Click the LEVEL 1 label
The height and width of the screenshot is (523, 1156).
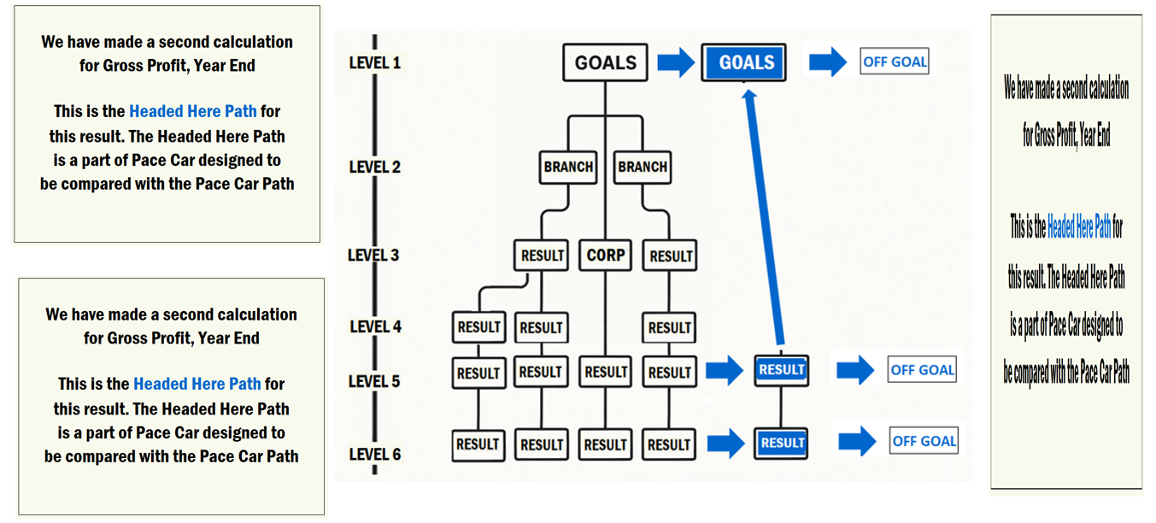(374, 62)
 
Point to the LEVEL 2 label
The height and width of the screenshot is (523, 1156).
(374, 167)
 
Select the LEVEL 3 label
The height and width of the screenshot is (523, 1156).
(373, 255)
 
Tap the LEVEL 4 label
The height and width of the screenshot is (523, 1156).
(375, 326)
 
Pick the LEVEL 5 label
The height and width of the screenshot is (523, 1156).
(374, 381)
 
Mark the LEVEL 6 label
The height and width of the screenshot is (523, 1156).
(374, 454)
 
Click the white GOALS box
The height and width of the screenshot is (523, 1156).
(605, 62)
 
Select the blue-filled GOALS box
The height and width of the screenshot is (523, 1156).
(743, 62)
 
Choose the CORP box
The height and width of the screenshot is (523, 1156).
(606, 256)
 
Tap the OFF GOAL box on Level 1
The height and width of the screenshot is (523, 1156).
(895, 62)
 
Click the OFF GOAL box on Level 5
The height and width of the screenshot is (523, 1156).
(922, 370)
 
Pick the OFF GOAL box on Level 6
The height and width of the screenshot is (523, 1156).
(924, 441)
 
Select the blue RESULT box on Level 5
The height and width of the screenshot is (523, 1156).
(781, 370)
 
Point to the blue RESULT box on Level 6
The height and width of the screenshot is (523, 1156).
(782, 443)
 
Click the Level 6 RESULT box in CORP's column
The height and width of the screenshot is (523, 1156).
(606, 444)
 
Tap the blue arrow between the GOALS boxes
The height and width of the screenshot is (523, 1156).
(675, 62)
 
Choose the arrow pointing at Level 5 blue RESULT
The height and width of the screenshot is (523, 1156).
(725, 371)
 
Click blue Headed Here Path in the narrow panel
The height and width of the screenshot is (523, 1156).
(1079, 226)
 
